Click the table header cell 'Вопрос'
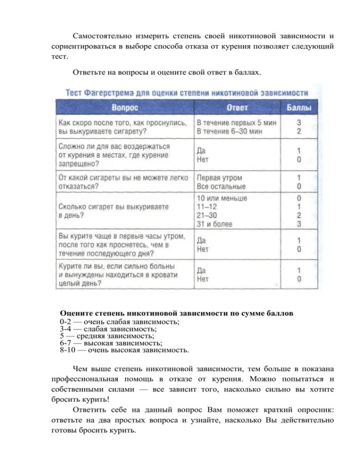click(x=125, y=108)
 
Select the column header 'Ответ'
click(x=238, y=108)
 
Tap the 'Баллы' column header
click(x=299, y=108)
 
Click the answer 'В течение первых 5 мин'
click(x=236, y=122)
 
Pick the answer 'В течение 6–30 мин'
click(x=229, y=131)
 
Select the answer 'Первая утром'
click(x=219, y=178)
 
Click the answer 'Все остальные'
click(x=221, y=187)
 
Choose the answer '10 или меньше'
click(x=222, y=198)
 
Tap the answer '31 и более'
click(x=214, y=224)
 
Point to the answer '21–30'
click(x=207, y=216)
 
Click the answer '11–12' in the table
click(x=207, y=207)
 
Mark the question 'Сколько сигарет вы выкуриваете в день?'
click(x=113, y=211)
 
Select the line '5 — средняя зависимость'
click(x=107, y=336)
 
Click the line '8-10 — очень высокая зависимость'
click(x=124, y=350)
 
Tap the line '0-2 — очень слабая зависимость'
click(x=120, y=322)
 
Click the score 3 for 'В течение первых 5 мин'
click(x=299, y=122)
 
